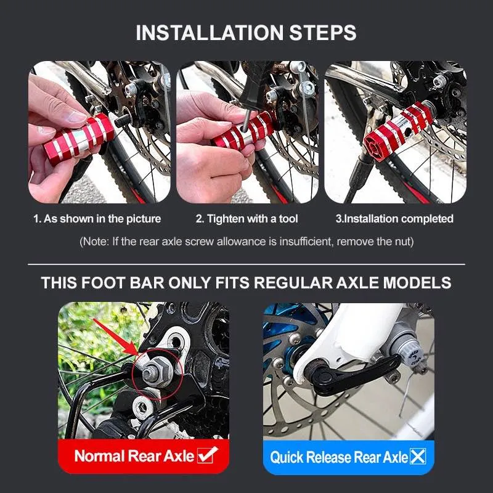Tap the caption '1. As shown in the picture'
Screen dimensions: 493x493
[97, 219]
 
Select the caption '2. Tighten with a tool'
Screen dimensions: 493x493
[246, 219]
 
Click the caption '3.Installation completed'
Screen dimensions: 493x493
[394, 219]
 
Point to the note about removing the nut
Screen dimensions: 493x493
[246, 242]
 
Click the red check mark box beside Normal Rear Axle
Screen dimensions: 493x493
[208, 456]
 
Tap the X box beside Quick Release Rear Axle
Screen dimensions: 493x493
[418, 457]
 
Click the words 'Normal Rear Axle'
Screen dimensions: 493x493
[134, 457]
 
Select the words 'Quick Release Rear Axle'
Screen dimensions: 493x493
[339, 457]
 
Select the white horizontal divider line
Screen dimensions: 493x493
[246, 264]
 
